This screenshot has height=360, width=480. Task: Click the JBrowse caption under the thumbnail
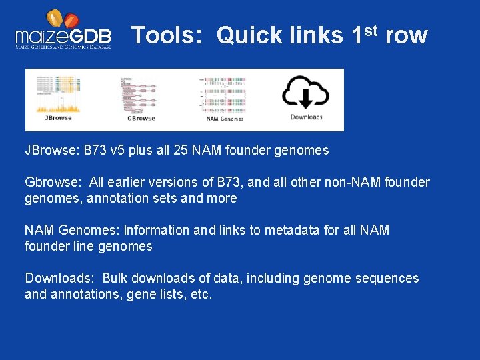click(x=58, y=117)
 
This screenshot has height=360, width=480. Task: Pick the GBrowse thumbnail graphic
click(x=140, y=93)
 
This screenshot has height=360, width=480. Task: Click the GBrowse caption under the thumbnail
click(x=141, y=118)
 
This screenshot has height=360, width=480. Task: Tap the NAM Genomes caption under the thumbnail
click(x=225, y=119)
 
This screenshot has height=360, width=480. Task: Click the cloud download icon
click(x=305, y=92)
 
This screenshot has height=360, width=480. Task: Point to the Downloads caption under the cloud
click(x=307, y=117)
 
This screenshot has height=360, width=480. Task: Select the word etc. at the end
click(x=201, y=295)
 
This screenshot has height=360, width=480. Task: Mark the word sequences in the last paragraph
click(x=389, y=279)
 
